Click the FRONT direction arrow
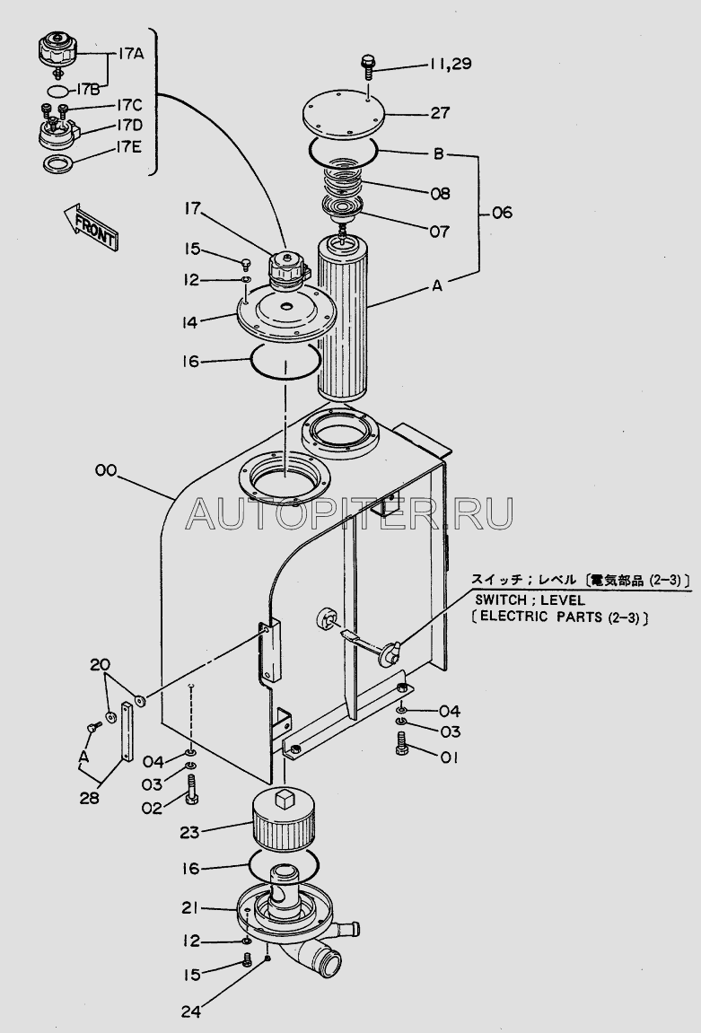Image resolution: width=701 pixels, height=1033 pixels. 91,227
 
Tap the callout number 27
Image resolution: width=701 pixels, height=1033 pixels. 440,113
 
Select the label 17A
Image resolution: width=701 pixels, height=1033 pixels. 131,55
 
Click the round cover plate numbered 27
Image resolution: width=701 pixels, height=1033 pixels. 343,115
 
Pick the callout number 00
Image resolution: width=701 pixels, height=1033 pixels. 106,470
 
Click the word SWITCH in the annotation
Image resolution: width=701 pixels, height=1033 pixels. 501,600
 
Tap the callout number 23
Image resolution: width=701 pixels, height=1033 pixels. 189,832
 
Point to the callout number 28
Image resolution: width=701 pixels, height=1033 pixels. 90,798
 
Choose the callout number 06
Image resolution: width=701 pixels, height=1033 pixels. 502,213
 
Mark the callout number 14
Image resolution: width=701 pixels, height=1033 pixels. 190,322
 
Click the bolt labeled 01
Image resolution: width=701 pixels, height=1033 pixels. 402,745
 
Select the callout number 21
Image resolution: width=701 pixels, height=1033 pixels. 189,908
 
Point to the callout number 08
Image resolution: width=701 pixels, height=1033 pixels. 440,194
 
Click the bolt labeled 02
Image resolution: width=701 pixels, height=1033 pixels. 192,789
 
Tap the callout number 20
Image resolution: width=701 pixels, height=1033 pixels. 101,665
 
